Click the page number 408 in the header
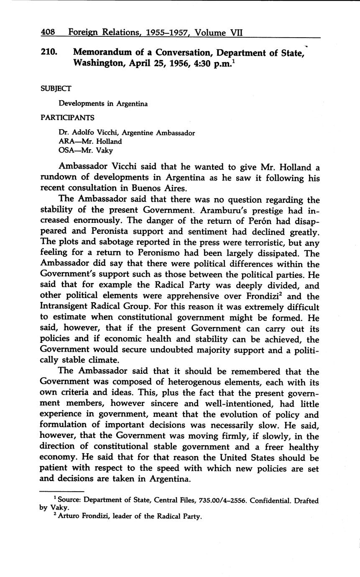click(48, 32)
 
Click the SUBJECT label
click(56, 89)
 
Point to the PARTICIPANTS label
click(67, 117)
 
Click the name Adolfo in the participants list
click(82, 133)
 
